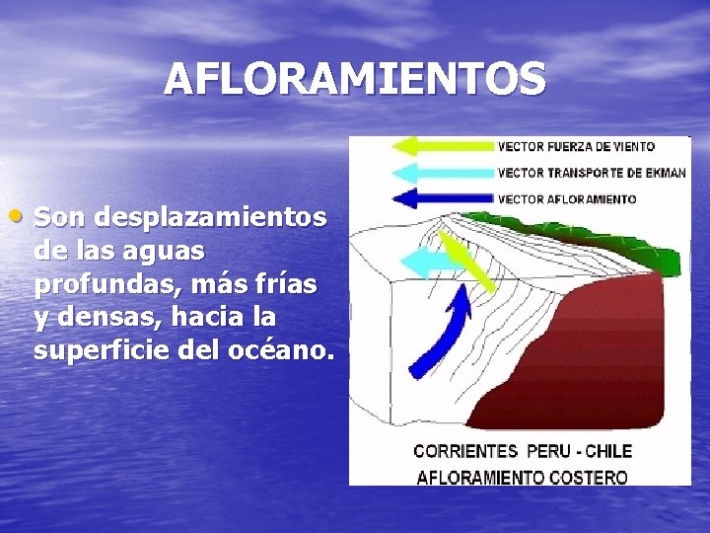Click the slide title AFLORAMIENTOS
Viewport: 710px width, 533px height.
(x=354, y=80)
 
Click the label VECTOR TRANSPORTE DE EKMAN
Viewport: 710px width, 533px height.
(x=592, y=173)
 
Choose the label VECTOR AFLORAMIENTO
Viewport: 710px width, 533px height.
(x=567, y=198)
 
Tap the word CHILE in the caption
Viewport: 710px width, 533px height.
(x=609, y=451)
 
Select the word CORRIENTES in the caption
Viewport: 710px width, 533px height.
(x=465, y=451)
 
